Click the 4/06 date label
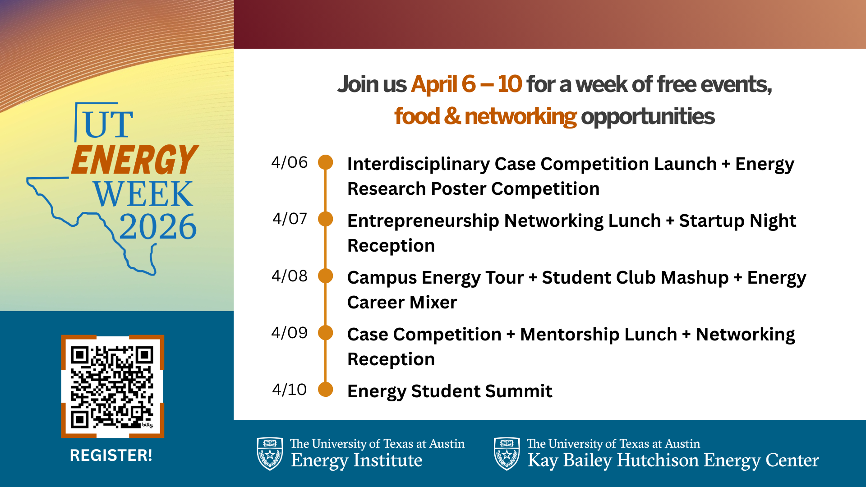pyautogui.click(x=289, y=162)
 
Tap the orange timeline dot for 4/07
pyautogui.click(x=326, y=219)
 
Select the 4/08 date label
pyautogui.click(x=289, y=276)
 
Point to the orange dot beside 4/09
pyautogui.click(x=326, y=333)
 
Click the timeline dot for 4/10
pyautogui.click(x=326, y=389)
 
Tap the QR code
pyautogui.click(x=112, y=386)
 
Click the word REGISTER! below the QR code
pyautogui.click(x=111, y=455)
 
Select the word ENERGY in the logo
pyautogui.click(x=134, y=160)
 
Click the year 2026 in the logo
pyautogui.click(x=158, y=226)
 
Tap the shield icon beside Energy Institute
pyautogui.click(x=270, y=454)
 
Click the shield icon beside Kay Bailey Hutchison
pyautogui.click(x=507, y=454)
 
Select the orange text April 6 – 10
pyautogui.click(x=466, y=84)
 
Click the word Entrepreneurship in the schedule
pyautogui.click(x=423, y=221)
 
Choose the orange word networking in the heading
pyautogui.click(x=521, y=116)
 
